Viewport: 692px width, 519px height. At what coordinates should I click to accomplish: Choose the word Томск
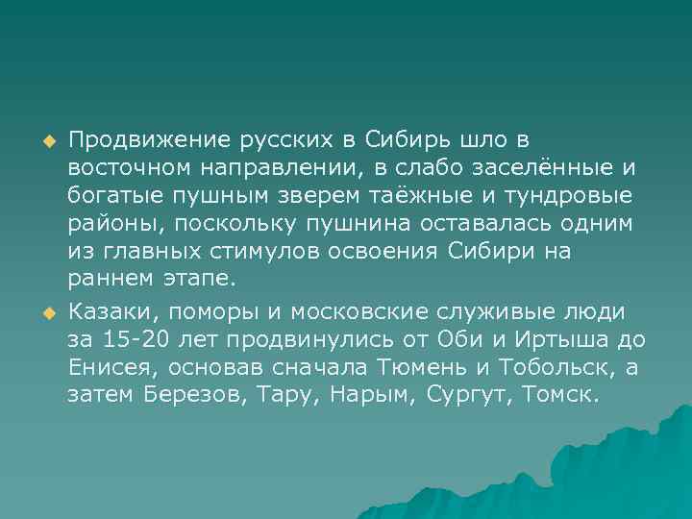click(x=558, y=395)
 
